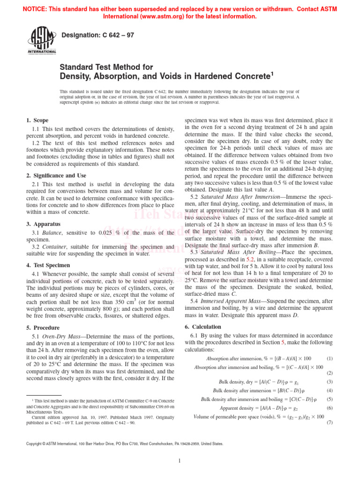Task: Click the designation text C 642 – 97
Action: pyautogui.click(x=98, y=35)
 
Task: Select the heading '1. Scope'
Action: pyautogui.click(x=37, y=120)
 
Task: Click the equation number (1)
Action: pyautogui.click(x=329, y=358)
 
